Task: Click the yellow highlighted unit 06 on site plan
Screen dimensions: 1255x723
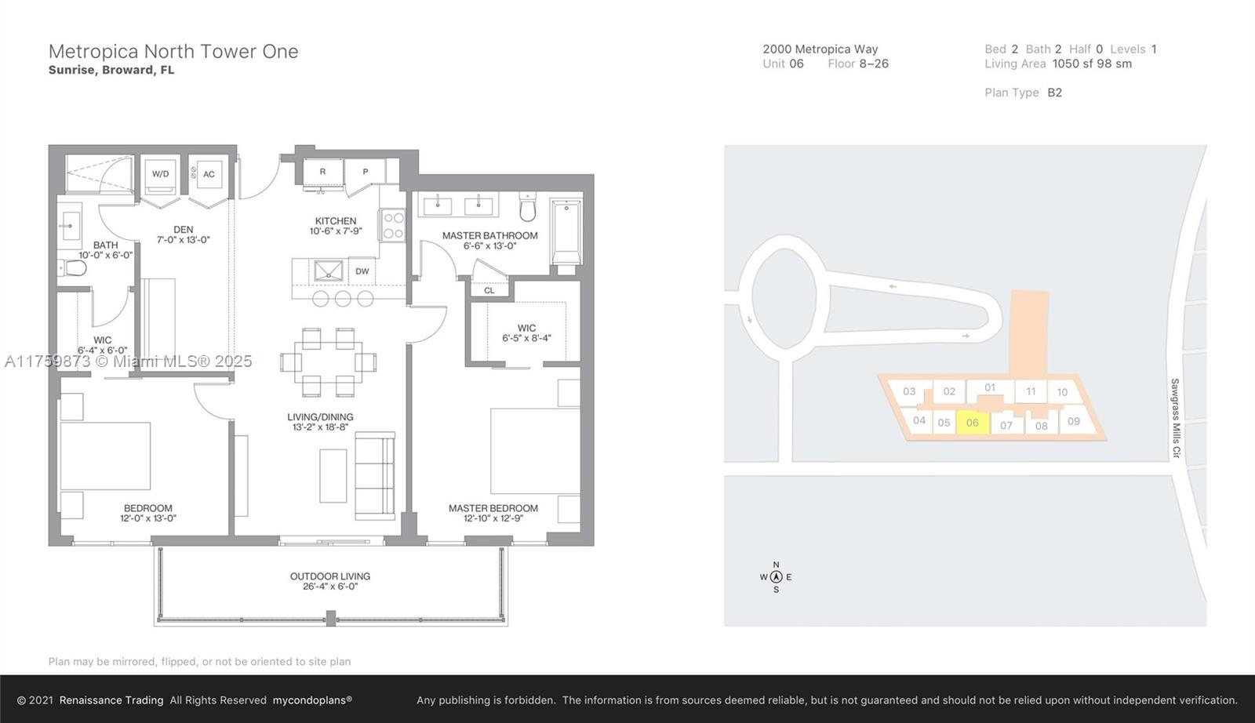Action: click(972, 422)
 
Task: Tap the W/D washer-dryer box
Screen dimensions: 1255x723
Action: click(161, 173)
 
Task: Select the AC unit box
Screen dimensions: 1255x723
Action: click(209, 174)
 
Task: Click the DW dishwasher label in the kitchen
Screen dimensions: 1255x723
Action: click(362, 271)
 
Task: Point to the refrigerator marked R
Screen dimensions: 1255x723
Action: click(322, 172)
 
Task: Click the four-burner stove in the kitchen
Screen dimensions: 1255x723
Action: click(393, 225)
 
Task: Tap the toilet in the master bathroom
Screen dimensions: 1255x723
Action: click(528, 207)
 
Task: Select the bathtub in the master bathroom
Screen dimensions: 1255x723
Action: click(566, 231)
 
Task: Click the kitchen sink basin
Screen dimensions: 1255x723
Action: click(329, 271)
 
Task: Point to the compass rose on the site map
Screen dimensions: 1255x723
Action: click(776, 577)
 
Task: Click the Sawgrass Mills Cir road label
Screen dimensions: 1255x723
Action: click(1176, 418)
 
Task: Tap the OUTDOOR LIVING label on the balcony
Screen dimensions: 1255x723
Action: click(330, 576)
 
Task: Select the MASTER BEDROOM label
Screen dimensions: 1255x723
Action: click(493, 508)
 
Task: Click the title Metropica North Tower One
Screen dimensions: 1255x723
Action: click(173, 52)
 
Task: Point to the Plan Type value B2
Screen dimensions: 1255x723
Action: click(1054, 93)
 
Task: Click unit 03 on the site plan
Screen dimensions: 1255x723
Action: click(909, 391)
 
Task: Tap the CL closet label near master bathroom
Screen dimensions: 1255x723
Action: click(489, 291)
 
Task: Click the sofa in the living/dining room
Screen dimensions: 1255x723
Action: click(375, 476)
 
